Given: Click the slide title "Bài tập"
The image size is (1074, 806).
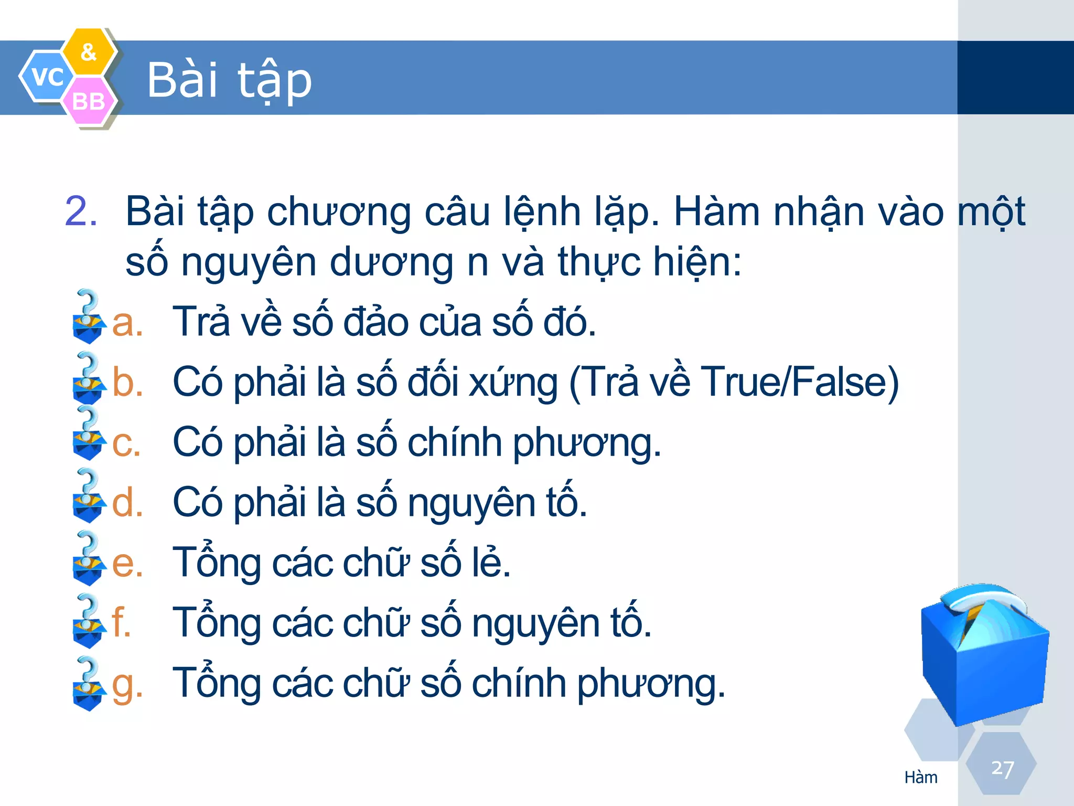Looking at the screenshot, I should click(x=229, y=80).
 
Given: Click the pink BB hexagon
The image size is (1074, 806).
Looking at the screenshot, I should click(x=88, y=101).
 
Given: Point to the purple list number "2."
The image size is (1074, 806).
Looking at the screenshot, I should click(x=81, y=211).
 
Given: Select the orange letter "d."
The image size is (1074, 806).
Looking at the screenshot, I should click(x=127, y=502).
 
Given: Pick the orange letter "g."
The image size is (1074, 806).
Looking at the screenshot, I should click(x=127, y=685).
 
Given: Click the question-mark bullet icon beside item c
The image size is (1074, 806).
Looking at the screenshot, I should click(x=88, y=433).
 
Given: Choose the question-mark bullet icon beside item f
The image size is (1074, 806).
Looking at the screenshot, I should click(x=88, y=621).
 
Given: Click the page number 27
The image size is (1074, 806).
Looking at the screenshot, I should click(x=1002, y=769).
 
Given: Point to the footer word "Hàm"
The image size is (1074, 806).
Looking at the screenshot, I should click(x=920, y=777).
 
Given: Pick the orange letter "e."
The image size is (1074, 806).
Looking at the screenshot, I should click(x=127, y=563).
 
